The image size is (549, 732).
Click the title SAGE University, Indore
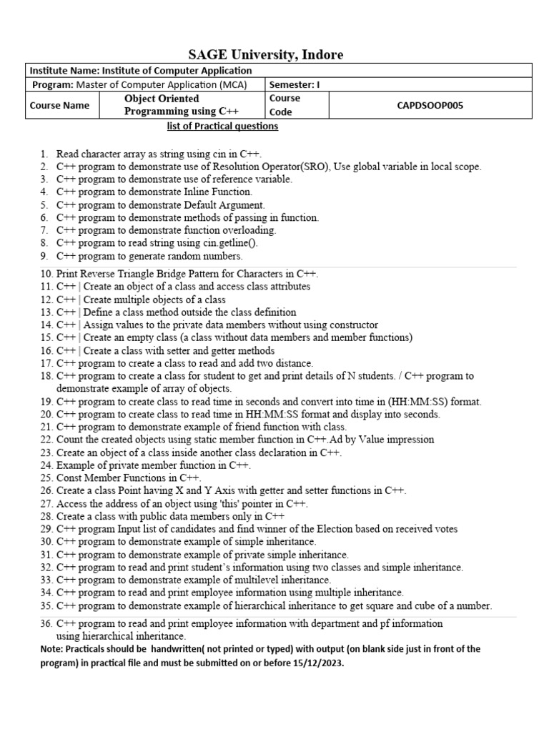(265, 55)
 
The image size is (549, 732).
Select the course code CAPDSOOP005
(430, 105)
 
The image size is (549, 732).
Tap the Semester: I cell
(295, 84)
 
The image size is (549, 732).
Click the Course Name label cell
(59, 105)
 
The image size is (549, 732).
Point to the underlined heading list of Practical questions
(222, 127)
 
